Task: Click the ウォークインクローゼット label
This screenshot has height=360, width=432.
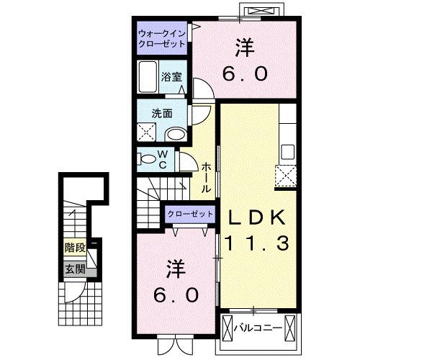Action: [162, 38]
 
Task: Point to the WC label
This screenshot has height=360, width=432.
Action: [163, 159]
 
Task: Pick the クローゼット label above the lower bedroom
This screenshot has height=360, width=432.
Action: [191, 214]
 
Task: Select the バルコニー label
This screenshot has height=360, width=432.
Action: [261, 328]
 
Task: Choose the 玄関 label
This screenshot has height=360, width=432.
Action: [74, 269]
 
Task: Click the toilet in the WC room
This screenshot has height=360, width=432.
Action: [148, 158]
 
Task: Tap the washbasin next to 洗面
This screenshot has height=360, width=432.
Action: [176, 134]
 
